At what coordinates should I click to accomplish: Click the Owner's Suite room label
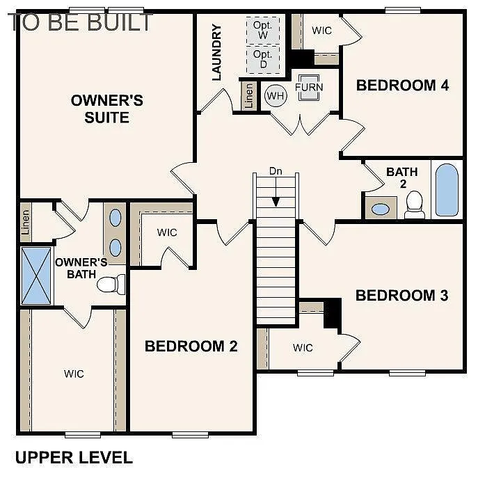tap(107, 109)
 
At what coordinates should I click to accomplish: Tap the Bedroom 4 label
tap(402, 85)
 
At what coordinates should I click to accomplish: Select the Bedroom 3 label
tap(401, 295)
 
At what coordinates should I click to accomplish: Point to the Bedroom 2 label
tap(191, 346)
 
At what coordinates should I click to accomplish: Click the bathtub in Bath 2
tap(446, 190)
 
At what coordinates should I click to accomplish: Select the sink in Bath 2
tap(380, 208)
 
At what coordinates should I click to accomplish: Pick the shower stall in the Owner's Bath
tap(35, 276)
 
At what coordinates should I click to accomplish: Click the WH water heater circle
tap(276, 95)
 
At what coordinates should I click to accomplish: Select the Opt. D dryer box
tap(263, 59)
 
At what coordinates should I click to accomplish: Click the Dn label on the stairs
tap(276, 170)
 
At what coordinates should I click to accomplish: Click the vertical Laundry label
tap(216, 52)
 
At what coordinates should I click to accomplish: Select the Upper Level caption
tap(74, 457)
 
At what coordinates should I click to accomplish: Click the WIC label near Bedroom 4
tap(321, 31)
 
